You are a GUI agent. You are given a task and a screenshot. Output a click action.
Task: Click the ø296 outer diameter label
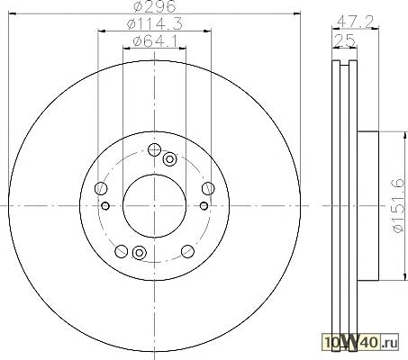(154, 6)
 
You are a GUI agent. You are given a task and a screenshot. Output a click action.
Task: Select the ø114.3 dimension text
(154, 23)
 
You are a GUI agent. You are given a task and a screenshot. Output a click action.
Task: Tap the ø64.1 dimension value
(154, 40)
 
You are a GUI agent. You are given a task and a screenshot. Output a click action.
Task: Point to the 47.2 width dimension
(355, 21)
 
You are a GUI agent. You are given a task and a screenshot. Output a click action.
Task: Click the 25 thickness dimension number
(344, 40)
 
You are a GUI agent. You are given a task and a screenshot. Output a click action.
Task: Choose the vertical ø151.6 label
(398, 206)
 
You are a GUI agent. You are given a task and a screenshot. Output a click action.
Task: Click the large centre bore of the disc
(154, 206)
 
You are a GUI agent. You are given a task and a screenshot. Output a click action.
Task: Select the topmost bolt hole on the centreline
(154, 149)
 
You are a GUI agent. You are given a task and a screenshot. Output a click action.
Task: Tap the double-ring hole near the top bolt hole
(169, 159)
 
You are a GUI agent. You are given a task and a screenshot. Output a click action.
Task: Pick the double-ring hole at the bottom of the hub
(139, 253)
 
